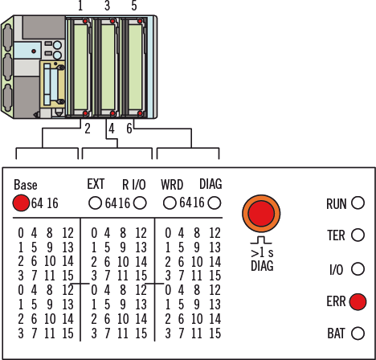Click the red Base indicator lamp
coord(21,202)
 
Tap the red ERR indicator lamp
coord(358,301)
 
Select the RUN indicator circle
coord(358,202)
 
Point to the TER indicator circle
coord(358,235)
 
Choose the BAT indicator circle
coord(358,333)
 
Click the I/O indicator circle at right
coord(358,268)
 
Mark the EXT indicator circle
coord(95,203)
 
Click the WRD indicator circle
coord(170,203)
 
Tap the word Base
coord(26,185)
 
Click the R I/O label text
coord(134,185)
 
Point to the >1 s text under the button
coord(262,252)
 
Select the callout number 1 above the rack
coord(80,6)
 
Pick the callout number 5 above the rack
coord(134,6)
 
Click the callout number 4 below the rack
coord(112,129)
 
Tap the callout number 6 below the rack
coord(129,129)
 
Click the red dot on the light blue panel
coord(34,51)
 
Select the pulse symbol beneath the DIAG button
coord(261,240)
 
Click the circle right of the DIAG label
coord(215,203)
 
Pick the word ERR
coord(336,301)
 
